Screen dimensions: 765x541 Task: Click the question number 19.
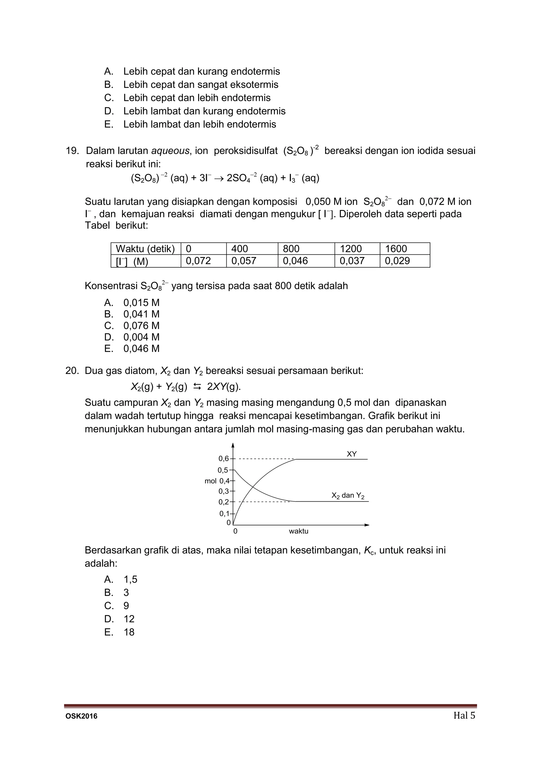(72, 151)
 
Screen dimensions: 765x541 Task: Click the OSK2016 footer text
(81, 716)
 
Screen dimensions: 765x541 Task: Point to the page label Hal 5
(464, 715)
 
